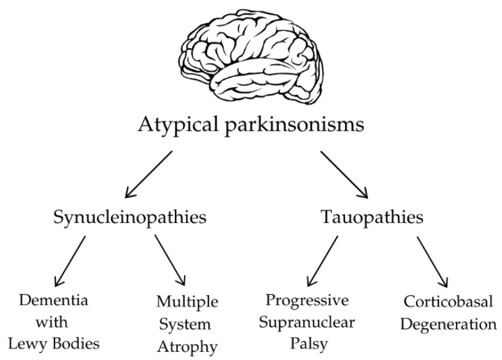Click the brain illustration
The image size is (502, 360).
(x=251, y=54)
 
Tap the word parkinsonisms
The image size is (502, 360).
(x=294, y=124)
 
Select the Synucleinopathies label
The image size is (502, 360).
(x=130, y=218)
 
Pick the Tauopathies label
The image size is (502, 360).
(x=372, y=217)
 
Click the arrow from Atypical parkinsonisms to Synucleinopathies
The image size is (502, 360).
(x=149, y=174)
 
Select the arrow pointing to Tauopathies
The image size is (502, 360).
(x=344, y=175)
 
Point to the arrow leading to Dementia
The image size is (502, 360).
(x=70, y=261)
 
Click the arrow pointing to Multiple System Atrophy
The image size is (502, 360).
(x=170, y=260)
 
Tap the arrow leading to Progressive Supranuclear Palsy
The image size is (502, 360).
(x=322, y=261)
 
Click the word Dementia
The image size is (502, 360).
(x=53, y=300)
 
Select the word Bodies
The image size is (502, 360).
(x=76, y=344)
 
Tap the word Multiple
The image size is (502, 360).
(x=187, y=302)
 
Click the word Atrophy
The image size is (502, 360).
(x=187, y=347)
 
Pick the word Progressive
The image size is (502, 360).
(x=307, y=301)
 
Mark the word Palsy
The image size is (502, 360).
(x=309, y=345)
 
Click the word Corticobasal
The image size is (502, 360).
(x=448, y=302)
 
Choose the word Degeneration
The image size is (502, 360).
(x=448, y=324)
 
